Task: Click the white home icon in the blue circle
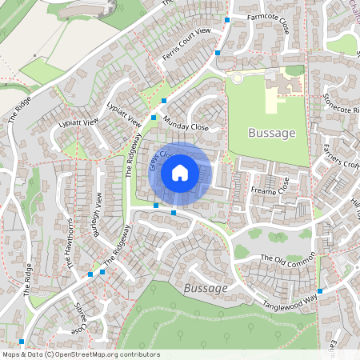tap(180, 172)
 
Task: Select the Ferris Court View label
tap(186, 43)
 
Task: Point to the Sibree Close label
tap(77, 318)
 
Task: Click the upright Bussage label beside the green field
tap(272, 133)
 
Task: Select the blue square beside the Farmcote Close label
tap(228, 19)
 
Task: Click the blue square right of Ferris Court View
tap(218, 53)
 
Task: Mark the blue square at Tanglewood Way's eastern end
tap(320, 291)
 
